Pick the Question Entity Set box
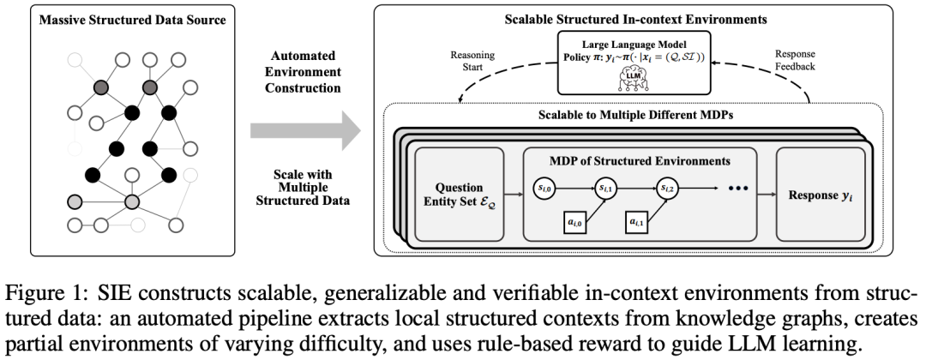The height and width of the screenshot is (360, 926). point(460,195)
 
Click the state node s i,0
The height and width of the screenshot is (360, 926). point(545,186)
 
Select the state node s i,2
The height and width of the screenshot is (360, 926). point(668,186)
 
